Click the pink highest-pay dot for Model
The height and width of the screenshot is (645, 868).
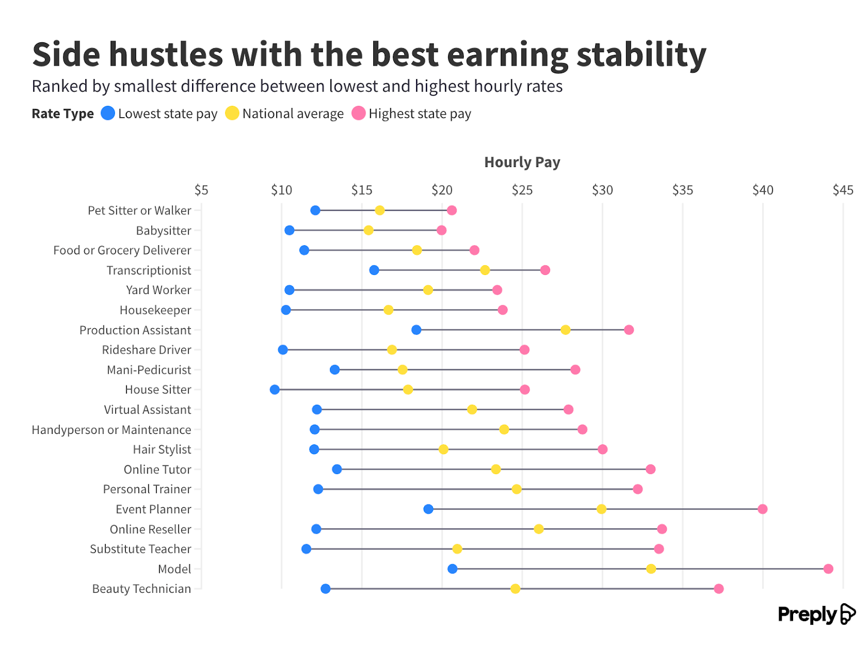[x=828, y=569]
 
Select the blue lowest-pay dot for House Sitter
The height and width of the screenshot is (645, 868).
[x=275, y=389]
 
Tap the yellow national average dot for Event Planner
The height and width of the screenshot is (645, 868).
[x=601, y=509]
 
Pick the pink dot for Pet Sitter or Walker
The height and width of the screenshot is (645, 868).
[x=451, y=210]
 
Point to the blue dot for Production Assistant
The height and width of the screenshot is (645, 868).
[x=416, y=330]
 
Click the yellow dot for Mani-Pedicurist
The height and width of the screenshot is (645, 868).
[x=403, y=369]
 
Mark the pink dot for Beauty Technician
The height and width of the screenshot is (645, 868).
[x=718, y=589]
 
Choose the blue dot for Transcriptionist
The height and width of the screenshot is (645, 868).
[x=374, y=270]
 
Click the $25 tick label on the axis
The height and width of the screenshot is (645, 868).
[x=522, y=190]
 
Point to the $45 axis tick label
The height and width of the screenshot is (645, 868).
[x=843, y=190]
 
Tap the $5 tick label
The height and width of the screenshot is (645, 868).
[x=201, y=190]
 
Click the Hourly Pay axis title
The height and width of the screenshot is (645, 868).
[x=522, y=162]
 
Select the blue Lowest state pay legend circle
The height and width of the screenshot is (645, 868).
[x=108, y=113]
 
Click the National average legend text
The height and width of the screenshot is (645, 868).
[x=293, y=114]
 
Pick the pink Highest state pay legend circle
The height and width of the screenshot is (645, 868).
[x=359, y=113]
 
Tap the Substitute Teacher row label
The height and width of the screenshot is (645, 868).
[x=141, y=549]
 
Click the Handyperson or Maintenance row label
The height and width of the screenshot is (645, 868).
[x=111, y=430]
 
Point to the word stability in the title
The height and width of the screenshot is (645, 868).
[x=641, y=54]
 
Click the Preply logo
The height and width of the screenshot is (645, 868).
[x=816, y=614]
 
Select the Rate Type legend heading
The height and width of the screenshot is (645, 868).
[x=63, y=114]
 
